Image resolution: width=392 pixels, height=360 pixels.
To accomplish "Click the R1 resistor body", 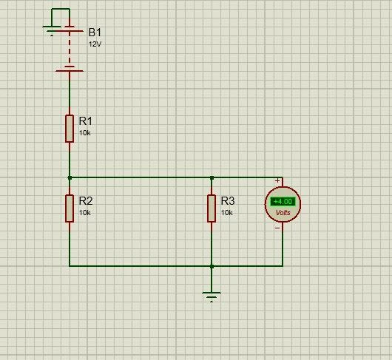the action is pyautogui.click(x=70, y=129).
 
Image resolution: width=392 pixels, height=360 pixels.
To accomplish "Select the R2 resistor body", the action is pyautogui.click(x=70, y=208).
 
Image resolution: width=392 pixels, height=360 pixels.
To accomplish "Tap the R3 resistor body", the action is pyautogui.click(x=212, y=208).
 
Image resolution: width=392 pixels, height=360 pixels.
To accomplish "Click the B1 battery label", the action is pyautogui.click(x=95, y=33).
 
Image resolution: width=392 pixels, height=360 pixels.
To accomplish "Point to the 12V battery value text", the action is pyautogui.click(x=95, y=44).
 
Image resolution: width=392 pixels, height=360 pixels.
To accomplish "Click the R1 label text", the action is pyautogui.click(x=86, y=121).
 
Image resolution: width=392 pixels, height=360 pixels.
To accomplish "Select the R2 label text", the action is pyautogui.click(x=86, y=201).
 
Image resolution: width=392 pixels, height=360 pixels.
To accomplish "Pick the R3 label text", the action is pyautogui.click(x=228, y=201).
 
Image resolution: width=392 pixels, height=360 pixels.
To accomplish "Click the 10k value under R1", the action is pyautogui.click(x=85, y=133).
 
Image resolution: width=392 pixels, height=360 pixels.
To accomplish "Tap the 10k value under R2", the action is pyautogui.click(x=85, y=213).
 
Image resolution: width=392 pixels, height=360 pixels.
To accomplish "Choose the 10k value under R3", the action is pyautogui.click(x=227, y=213).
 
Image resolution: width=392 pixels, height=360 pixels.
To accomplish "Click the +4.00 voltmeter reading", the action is pyautogui.click(x=283, y=201).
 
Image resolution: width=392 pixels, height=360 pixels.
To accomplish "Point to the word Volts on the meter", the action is pyautogui.click(x=283, y=213).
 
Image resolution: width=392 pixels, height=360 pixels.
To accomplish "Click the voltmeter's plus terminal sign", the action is pyautogui.click(x=277, y=180).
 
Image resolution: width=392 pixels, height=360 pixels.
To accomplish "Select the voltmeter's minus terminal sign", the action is pyautogui.click(x=277, y=228).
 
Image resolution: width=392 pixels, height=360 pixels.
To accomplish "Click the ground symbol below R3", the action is pyautogui.click(x=212, y=296).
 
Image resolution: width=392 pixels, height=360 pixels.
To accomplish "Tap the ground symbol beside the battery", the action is pyautogui.click(x=52, y=31).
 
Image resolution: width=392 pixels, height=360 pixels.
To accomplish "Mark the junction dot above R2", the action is pyautogui.click(x=70, y=178).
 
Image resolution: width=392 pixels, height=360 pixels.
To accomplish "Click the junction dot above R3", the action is pyautogui.click(x=212, y=178).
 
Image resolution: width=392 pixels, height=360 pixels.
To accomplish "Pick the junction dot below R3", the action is pyautogui.click(x=212, y=266).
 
